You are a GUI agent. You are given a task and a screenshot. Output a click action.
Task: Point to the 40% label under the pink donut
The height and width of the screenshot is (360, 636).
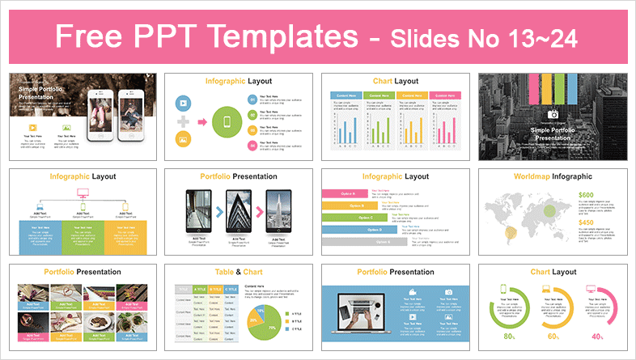596,337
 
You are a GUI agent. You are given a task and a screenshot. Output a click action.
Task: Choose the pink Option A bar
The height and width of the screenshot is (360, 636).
345,193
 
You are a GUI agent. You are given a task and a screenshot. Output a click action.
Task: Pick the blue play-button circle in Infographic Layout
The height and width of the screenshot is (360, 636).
183,104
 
